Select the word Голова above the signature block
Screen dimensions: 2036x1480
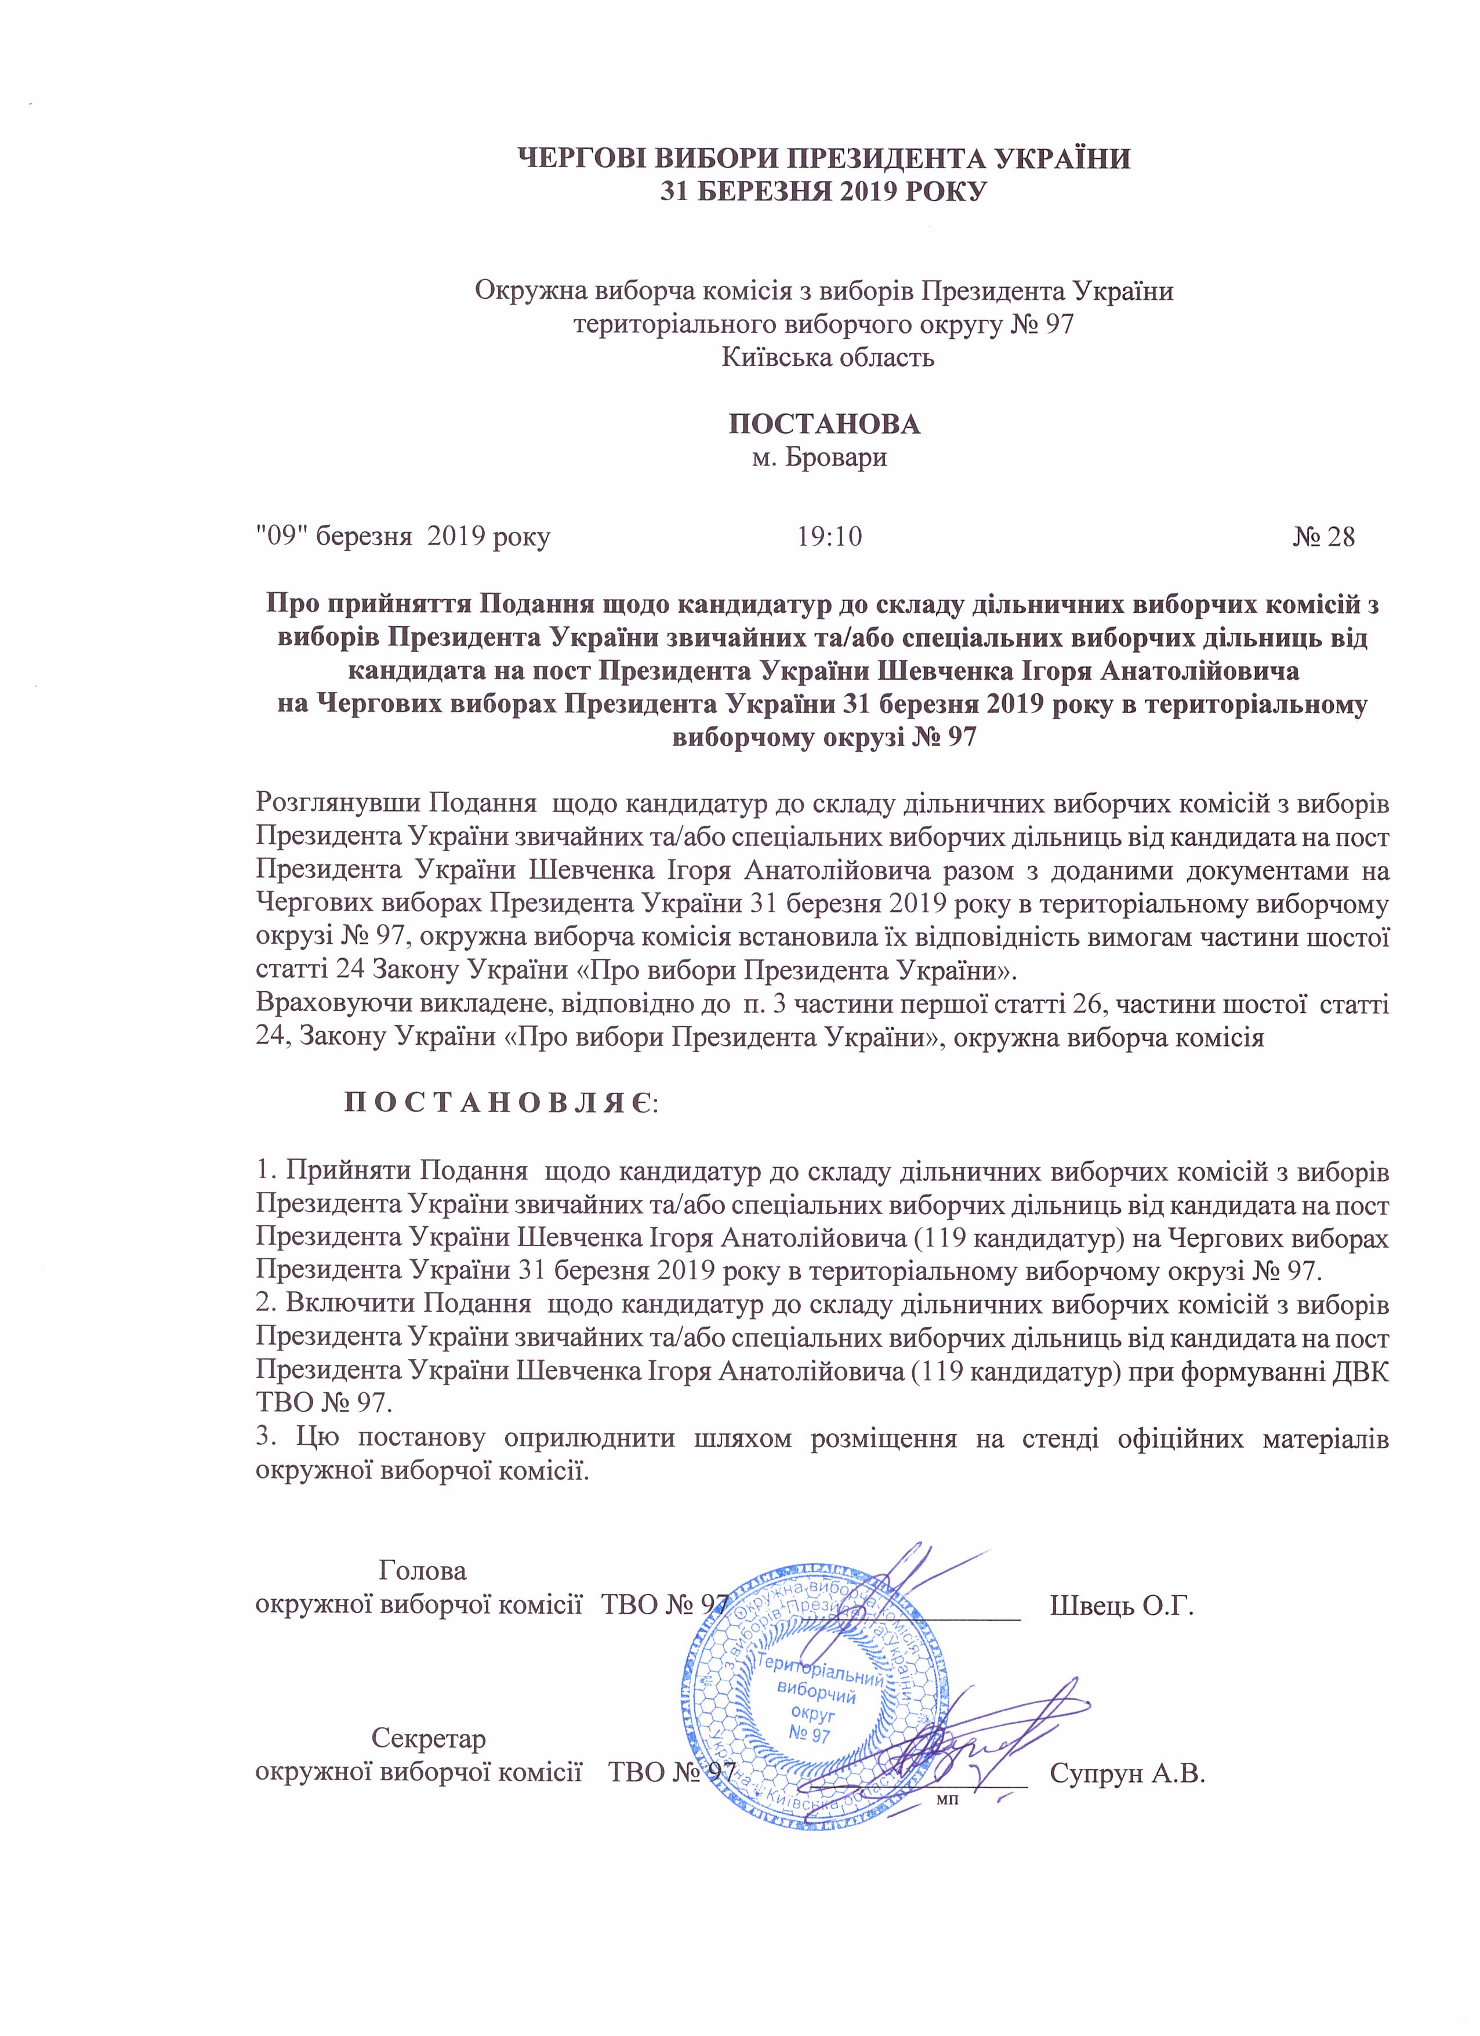point(423,1571)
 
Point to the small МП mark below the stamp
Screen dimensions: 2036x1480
point(947,1800)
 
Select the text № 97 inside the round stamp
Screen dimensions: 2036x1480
point(810,1734)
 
